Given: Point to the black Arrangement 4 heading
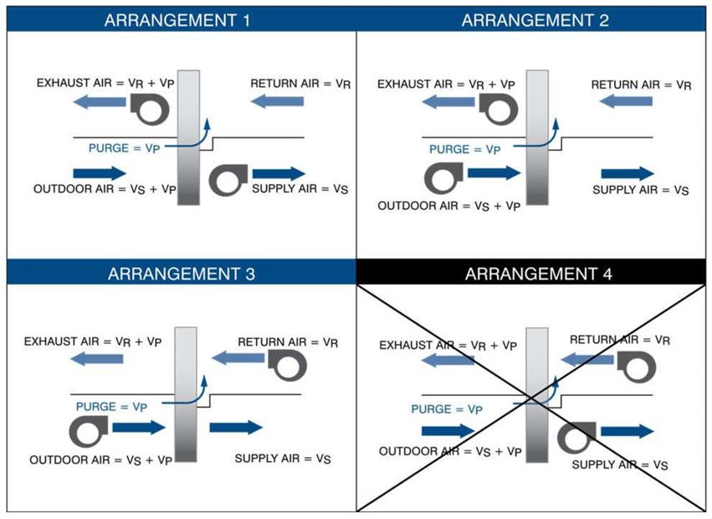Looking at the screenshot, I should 535,274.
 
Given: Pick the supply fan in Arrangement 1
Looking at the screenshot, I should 227,178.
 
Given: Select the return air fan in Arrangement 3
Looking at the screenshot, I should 286,362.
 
